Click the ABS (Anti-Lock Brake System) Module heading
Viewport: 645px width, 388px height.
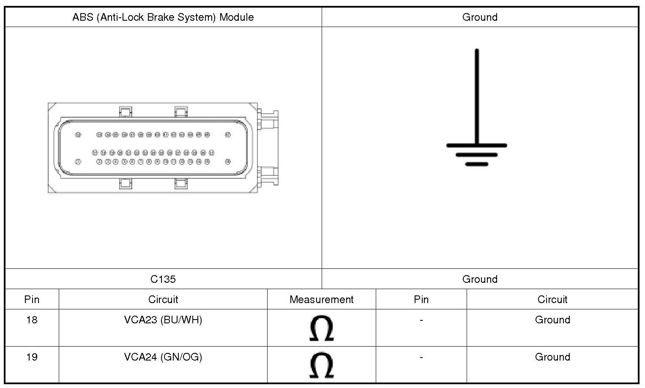click(163, 17)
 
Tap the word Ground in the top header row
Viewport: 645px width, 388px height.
click(480, 17)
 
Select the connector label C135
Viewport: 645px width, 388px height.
click(163, 279)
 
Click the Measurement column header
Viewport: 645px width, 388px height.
click(321, 300)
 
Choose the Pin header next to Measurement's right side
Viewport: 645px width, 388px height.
click(421, 300)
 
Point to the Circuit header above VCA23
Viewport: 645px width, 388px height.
click(163, 300)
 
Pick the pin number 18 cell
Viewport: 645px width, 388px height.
click(32, 320)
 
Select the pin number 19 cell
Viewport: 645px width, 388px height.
click(32, 357)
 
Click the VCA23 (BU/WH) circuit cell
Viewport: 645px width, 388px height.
click(163, 320)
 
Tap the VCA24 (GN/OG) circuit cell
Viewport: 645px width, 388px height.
click(163, 357)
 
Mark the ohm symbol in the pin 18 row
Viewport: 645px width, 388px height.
click(321, 328)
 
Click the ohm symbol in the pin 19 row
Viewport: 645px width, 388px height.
click(321, 366)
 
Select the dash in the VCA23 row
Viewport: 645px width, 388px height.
click(421, 320)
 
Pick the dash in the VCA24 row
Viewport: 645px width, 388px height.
click(421, 358)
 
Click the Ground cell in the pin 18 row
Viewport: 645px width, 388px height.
click(552, 320)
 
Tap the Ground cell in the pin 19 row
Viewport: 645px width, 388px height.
click(552, 357)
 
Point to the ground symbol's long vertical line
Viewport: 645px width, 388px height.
click(477, 97)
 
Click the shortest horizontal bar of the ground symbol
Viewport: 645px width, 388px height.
click(477, 164)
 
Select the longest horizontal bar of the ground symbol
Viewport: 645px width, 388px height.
click(477, 145)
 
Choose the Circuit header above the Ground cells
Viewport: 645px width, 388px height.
click(552, 300)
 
